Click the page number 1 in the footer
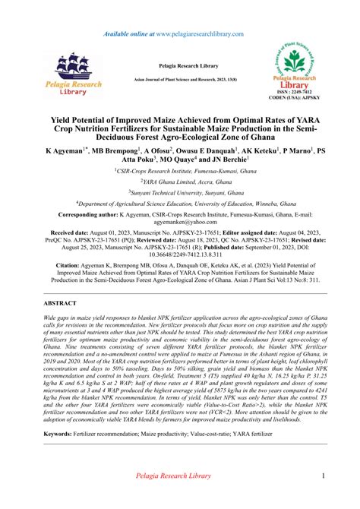[x=323, y=476]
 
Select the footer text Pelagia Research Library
[x=180, y=476]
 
